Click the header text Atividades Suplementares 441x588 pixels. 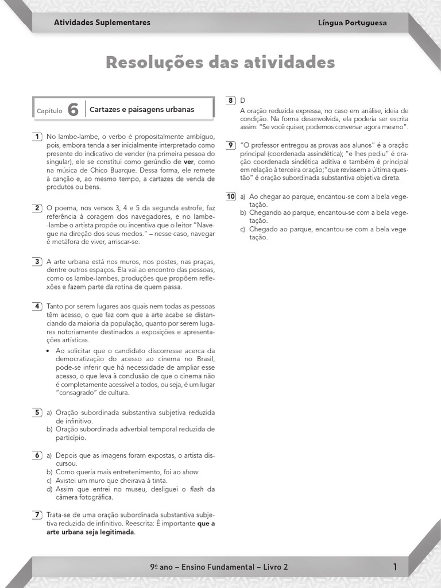(102, 22)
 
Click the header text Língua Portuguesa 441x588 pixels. (352, 23)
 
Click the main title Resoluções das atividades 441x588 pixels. (220, 62)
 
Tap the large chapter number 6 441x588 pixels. (72, 110)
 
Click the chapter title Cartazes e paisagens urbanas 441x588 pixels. (142, 109)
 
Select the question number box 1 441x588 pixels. (37, 136)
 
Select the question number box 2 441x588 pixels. (37, 207)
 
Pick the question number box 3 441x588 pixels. (37, 261)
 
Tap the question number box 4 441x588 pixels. (37, 306)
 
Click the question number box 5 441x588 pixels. (37, 412)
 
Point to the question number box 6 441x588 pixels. (37, 455)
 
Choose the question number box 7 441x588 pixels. (37, 514)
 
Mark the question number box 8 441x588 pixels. (230, 100)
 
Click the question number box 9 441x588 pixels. (230, 145)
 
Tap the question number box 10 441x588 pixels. (231, 196)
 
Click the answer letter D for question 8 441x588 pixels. (242, 100)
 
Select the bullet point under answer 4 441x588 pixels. (48, 351)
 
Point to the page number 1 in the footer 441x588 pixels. (395, 567)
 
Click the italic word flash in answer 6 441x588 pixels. (197, 489)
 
